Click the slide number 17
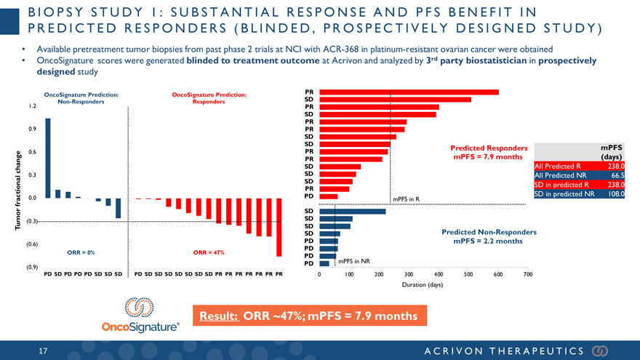[x=43, y=351]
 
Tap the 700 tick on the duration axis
[x=528, y=274]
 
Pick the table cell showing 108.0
[x=613, y=194]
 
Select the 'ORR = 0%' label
[x=81, y=253]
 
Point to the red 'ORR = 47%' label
[x=209, y=253]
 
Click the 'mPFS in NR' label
[x=355, y=261]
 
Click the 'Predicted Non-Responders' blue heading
[x=489, y=232]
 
